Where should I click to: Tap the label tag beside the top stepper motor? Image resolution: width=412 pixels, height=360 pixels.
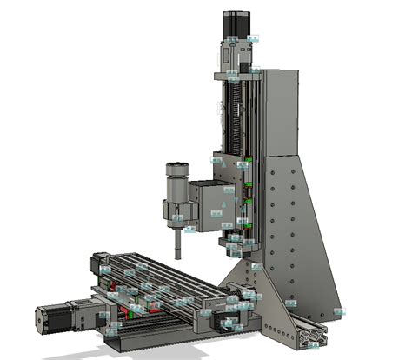pyautogui.click(x=253, y=38)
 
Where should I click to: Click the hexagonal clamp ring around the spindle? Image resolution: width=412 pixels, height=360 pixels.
pyautogui.click(x=176, y=210)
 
